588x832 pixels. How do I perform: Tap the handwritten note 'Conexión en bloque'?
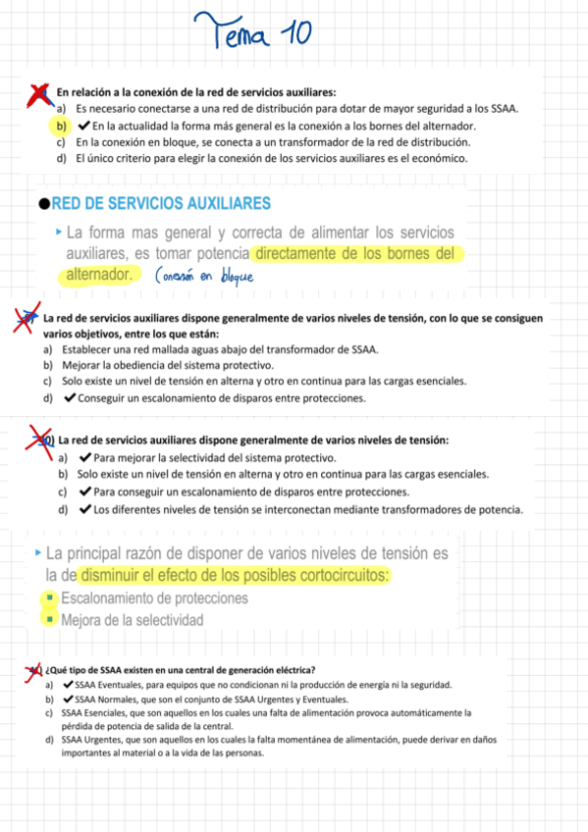pos(203,276)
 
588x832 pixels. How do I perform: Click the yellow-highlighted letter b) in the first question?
pos(61,127)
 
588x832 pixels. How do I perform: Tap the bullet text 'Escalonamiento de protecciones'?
pos(154,598)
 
